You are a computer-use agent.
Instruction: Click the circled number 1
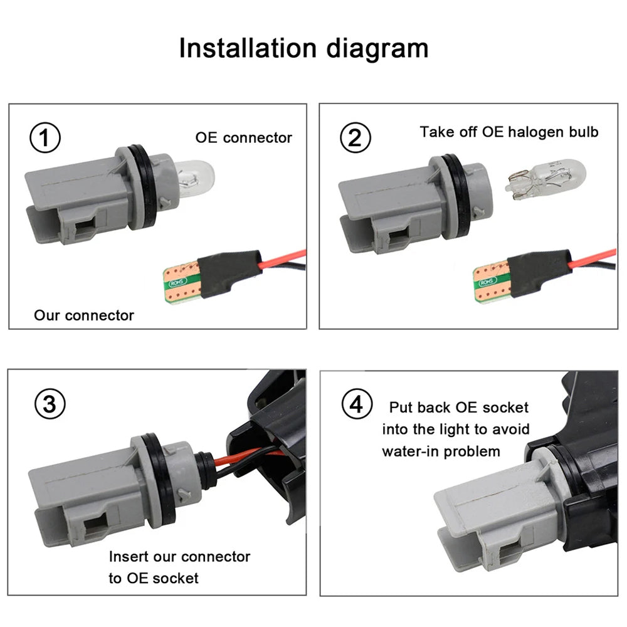click(46, 138)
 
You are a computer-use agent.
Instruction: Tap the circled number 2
click(354, 138)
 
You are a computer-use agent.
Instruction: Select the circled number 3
click(50, 404)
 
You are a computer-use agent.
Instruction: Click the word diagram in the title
click(382, 48)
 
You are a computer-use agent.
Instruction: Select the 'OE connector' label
click(243, 137)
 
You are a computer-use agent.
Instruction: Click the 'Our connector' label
click(84, 315)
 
